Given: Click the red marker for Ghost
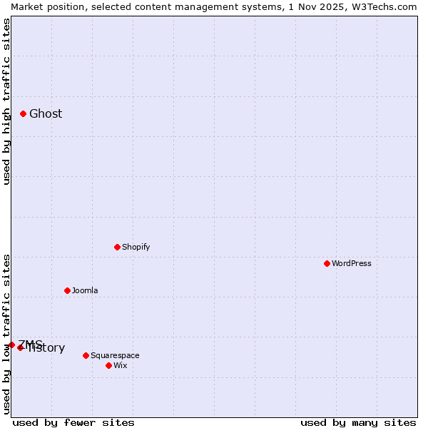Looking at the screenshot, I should tap(23, 113).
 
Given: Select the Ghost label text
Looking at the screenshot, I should tap(46, 114).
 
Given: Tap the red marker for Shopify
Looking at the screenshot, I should tap(117, 247).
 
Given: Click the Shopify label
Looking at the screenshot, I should tap(136, 248).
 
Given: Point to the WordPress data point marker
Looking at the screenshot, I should tap(327, 263).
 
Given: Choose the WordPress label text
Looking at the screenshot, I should tap(351, 264).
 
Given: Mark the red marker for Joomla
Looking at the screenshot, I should tap(67, 290).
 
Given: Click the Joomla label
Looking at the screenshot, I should tap(85, 291).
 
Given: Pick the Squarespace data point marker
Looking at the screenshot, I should tap(86, 355).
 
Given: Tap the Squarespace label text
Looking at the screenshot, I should tap(115, 356).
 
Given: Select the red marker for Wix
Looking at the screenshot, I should tap(108, 365).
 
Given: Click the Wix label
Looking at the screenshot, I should tap(120, 366).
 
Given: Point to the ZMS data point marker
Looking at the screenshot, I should tap(11, 345).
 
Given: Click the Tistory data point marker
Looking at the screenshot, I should tap(21, 347).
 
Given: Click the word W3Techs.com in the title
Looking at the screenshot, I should tap(387, 6).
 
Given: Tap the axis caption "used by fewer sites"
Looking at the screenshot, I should tap(73, 422).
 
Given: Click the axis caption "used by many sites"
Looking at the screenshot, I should tap(358, 422).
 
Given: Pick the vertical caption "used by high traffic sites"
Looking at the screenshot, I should tap(6, 101).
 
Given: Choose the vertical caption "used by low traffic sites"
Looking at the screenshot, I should tap(6, 333).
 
